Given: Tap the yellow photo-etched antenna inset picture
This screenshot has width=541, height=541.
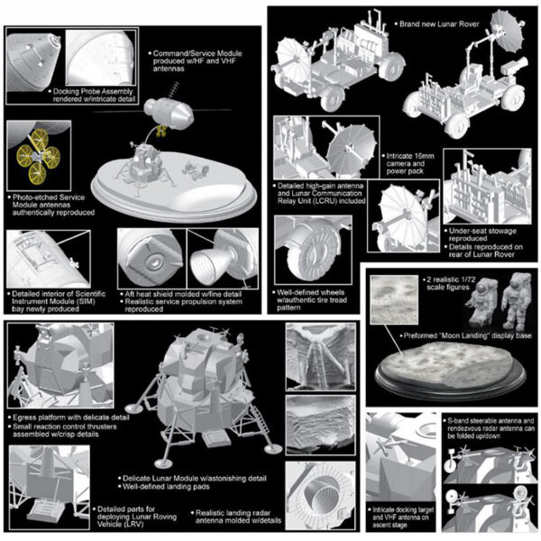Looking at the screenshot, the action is coord(39,156).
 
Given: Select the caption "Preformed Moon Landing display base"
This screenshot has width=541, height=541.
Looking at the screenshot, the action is coord(466,335).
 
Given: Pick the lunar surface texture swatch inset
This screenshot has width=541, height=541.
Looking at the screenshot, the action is coord(394,299).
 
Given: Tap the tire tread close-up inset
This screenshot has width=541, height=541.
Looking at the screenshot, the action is coord(313,250).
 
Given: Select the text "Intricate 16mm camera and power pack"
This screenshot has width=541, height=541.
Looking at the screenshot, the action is coord(408,163).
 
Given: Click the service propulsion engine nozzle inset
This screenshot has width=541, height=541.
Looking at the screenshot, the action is coord(223,259).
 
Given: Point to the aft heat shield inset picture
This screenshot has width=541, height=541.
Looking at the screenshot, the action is coord(151,259).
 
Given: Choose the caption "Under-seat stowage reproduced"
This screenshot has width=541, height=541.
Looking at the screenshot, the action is coord(482,234).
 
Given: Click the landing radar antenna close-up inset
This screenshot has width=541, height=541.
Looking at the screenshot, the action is coord(320,496).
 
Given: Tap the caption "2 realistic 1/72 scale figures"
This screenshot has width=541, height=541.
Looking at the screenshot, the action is coord(447,283).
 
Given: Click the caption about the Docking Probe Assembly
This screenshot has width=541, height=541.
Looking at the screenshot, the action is coord(93,96).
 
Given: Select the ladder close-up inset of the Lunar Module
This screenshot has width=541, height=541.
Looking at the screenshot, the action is coord(320,356).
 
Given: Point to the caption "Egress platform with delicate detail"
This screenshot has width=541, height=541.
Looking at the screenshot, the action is coord(69,417).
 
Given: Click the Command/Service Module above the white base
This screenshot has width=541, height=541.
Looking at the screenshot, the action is coord(169,114).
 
